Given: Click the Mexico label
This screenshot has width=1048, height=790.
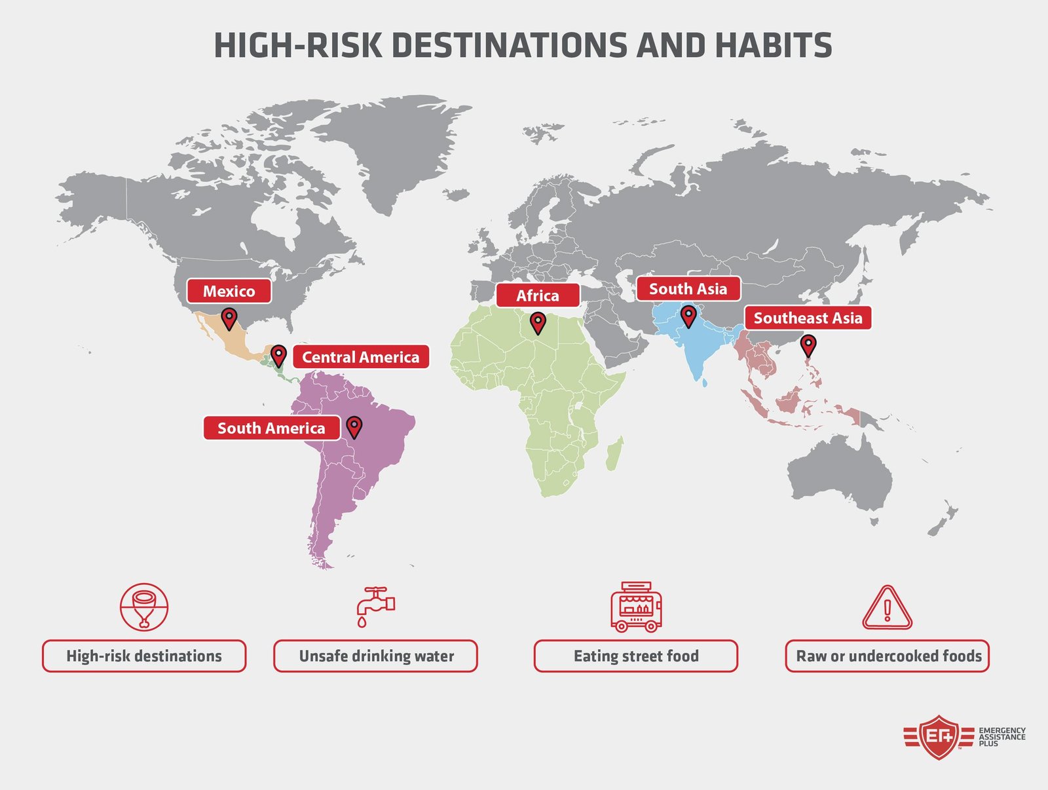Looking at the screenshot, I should pyautogui.click(x=229, y=292).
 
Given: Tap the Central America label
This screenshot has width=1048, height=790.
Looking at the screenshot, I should pyautogui.click(x=360, y=357).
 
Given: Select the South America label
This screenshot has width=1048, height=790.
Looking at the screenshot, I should pyautogui.click(x=271, y=428).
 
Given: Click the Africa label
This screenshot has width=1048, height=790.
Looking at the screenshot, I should pyautogui.click(x=537, y=295).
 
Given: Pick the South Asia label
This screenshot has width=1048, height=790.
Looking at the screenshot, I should pyautogui.click(x=688, y=289).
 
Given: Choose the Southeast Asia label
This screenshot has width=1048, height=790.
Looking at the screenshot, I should pyautogui.click(x=808, y=318).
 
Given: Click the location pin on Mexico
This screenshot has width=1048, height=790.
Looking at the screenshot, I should pyautogui.click(x=229, y=319).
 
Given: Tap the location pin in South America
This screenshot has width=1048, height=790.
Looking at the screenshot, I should pyautogui.click(x=354, y=426).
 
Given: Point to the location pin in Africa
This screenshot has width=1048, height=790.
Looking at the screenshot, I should pyautogui.click(x=538, y=322).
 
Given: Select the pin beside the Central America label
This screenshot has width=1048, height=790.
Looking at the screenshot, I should pyautogui.click(x=278, y=356).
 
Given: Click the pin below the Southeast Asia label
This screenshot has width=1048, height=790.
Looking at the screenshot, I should pyautogui.click(x=808, y=345).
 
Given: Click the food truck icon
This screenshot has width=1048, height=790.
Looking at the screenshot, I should pyautogui.click(x=635, y=607).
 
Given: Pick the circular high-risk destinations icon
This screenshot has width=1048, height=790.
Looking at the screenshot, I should pyautogui.click(x=144, y=607).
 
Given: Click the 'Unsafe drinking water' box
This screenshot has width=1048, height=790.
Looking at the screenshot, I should pyautogui.click(x=375, y=656).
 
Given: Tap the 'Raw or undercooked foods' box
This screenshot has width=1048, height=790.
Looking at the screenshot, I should pyautogui.click(x=888, y=656).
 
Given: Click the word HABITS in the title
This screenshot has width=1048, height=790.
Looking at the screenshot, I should pyautogui.click(x=773, y=46).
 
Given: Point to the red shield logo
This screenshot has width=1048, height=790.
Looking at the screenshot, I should pyautogui.click(x=939, y=737).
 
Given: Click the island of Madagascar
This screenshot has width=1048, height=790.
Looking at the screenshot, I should pyautogui.click(x=614, y=455).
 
